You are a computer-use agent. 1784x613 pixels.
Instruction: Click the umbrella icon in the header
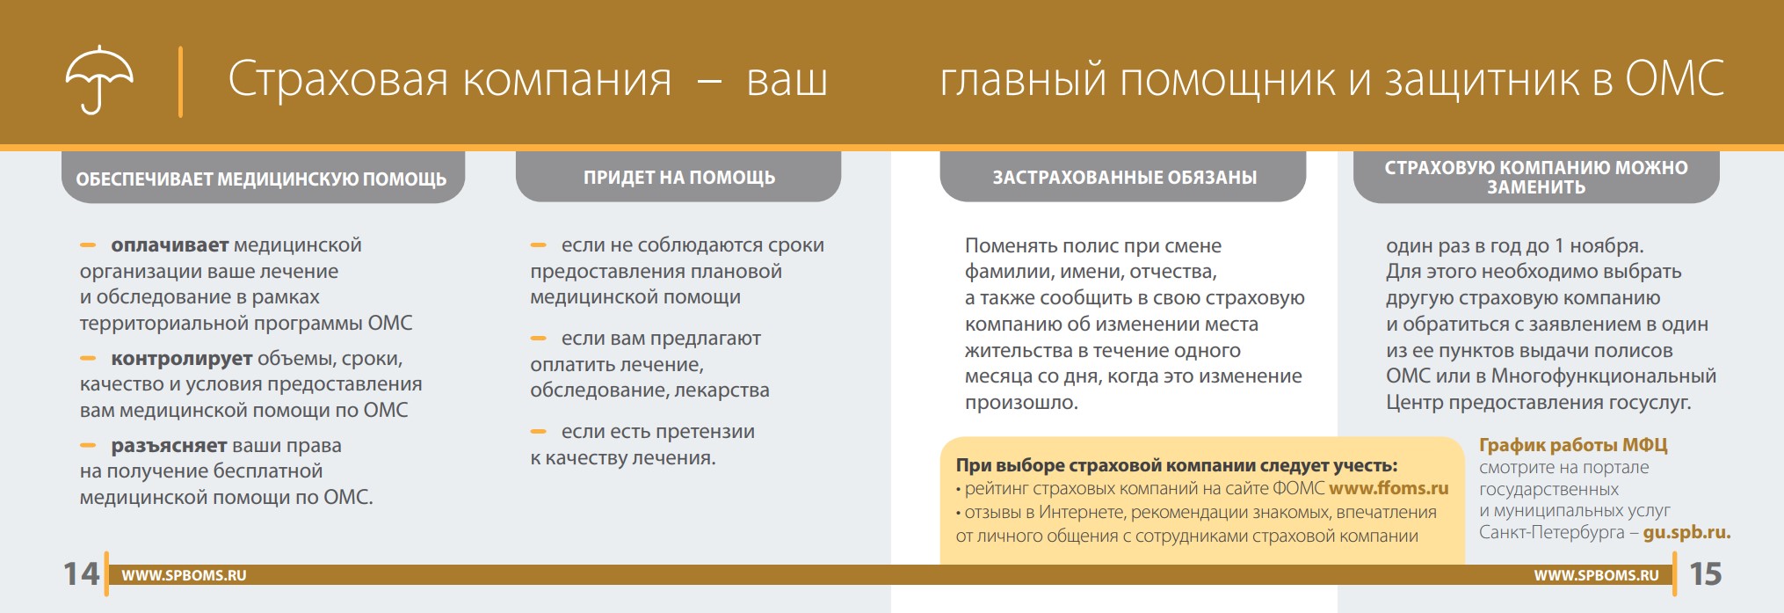tap(99, 79)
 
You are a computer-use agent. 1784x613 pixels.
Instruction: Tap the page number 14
tap(81, 574)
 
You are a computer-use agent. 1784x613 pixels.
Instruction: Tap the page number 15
tap(1705, 574)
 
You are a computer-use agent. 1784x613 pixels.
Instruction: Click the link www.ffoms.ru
tap(1389, 488)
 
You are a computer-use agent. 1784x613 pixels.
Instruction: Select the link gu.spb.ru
tap(1686, 533)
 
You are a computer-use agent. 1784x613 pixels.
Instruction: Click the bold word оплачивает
tap(170, 245)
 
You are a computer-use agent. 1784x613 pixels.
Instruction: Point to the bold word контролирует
tap(182, 359)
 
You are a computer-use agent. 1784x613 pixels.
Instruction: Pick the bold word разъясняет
tap(170, 446)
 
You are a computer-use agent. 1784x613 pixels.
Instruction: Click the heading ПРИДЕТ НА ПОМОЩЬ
tap(679, 178)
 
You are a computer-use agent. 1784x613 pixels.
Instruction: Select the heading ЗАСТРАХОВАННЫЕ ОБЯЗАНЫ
tap(1125, 178)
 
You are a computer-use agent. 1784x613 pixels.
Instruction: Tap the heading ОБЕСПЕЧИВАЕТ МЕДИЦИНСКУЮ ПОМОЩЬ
tap(261, 179)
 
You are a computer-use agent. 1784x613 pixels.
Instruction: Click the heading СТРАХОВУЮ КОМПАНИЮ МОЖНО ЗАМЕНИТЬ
tap(1536, 177)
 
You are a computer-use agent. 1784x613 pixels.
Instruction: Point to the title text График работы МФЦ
tap(1573, 445)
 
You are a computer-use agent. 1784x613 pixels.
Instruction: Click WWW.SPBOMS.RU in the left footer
tap(184, 575)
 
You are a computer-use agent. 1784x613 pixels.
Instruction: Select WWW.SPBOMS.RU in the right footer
tap(1597, 575)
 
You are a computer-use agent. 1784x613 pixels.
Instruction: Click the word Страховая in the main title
tap(338, 79)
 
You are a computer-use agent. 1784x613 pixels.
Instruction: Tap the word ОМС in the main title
tap(1674, 79)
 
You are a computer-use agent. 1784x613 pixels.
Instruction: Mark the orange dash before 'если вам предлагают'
tap(539, 339)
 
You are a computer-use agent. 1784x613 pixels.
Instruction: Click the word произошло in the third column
tap(1021, 403)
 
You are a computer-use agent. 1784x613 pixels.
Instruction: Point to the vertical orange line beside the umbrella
tap(180, 82)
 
